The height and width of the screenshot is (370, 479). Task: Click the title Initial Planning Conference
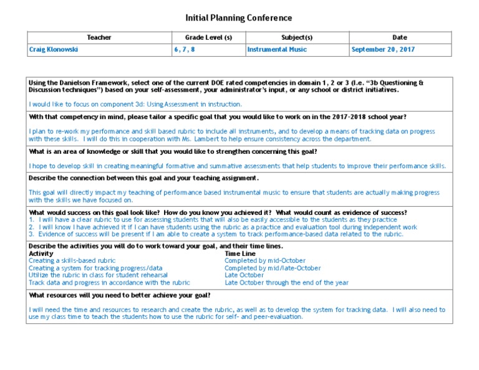(239, 18)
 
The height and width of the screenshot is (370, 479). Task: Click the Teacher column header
(99, 37)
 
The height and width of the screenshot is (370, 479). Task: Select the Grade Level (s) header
(208, 37)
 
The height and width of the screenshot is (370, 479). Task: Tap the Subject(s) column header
(297, 37)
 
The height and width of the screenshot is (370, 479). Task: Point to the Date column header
(399, 37)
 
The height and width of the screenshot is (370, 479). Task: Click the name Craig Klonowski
(54, 49)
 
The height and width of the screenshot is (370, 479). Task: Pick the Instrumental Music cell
(277, 49)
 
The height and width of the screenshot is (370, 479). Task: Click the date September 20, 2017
(383, 49)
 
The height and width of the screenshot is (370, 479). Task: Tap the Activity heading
(41, 254)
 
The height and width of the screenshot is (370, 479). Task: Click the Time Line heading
(240, 254)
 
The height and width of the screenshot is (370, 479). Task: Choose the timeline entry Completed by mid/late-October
(273, 268)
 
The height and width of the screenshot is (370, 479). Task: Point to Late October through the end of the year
(286, 283)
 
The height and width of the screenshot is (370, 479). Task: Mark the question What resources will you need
(120, 295)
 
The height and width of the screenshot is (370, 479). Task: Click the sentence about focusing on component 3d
(135, 104)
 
